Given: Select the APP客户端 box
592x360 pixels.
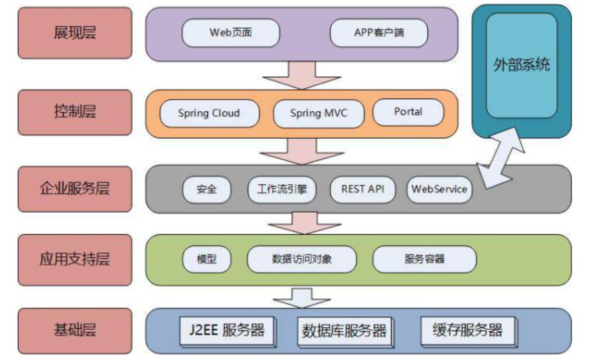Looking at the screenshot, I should (379, 32).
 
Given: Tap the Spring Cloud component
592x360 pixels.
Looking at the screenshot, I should (209, 113).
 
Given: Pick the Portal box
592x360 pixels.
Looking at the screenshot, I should (408, 112).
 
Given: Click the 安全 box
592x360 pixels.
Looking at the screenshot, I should (207, 189).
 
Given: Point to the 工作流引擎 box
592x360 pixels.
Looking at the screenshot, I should (282, 189).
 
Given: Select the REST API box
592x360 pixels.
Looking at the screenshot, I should (363, 189).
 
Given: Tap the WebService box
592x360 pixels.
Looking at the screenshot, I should (439, 189).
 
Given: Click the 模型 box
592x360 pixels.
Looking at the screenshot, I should (207, 259).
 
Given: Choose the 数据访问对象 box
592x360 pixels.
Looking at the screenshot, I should (302, 259).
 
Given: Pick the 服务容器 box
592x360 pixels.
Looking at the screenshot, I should (424, 259).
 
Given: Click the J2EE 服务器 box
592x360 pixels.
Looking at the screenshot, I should (227, 331).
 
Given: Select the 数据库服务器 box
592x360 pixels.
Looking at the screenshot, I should (344, 331).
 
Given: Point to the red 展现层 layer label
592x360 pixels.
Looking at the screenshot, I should (75, 33).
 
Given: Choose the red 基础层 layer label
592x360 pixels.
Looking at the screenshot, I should (75, 330).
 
